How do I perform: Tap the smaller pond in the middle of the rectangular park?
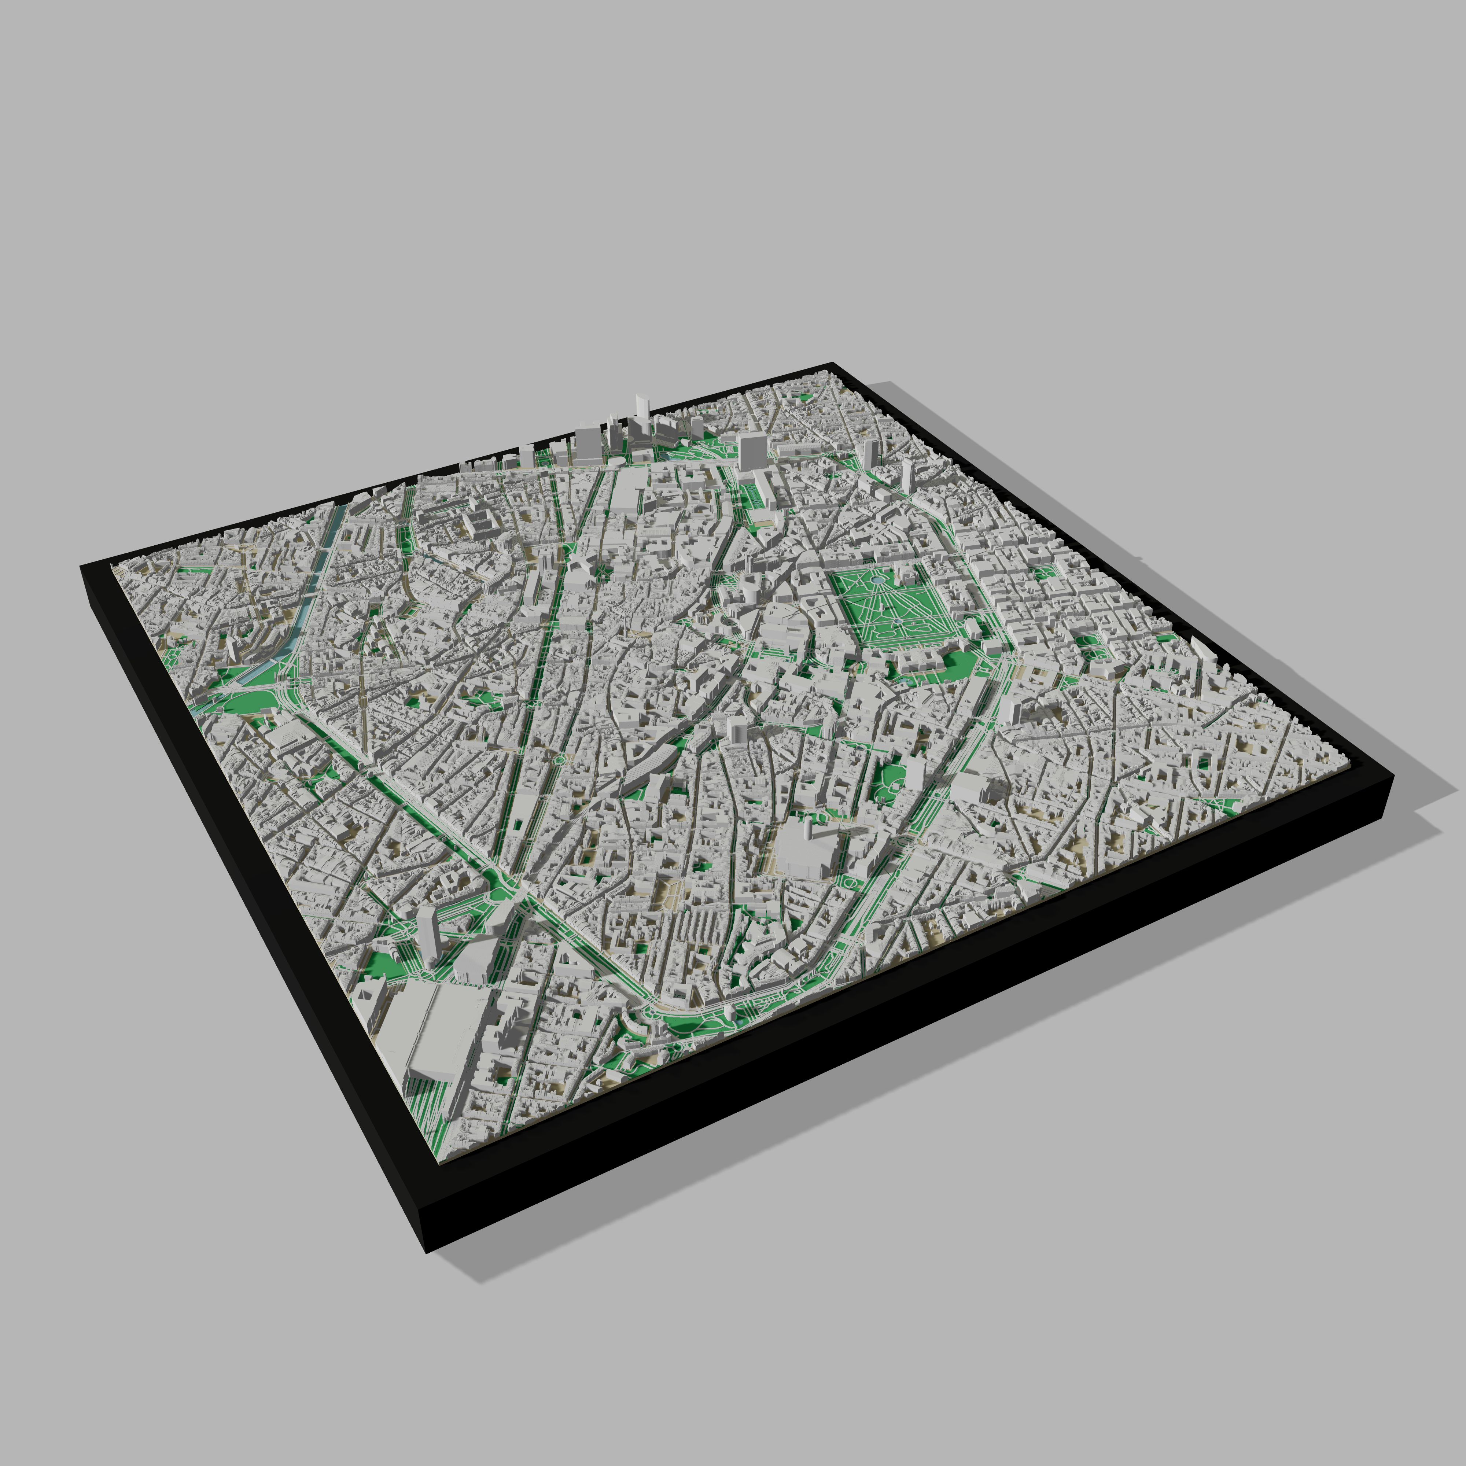pyautogui.click(x=898, y=621)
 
